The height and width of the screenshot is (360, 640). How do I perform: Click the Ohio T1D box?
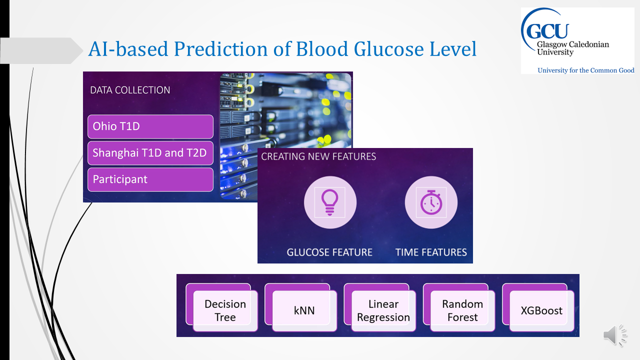150,126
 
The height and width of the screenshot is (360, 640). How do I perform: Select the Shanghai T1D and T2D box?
150,153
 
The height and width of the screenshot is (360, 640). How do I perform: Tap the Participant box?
150,179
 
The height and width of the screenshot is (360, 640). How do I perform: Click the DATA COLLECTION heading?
130,90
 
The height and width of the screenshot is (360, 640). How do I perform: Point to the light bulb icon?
329,202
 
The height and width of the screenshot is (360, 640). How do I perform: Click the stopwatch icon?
431,202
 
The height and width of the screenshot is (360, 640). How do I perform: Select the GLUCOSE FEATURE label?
329,252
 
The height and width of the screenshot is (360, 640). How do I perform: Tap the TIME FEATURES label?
431,252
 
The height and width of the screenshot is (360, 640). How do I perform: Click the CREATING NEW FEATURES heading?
318,156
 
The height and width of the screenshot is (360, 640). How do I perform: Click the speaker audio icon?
615,335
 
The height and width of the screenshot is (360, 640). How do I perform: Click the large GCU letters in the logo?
546,31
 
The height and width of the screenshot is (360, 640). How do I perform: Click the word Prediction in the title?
220,49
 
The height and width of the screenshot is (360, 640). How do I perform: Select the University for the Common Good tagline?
585,70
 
